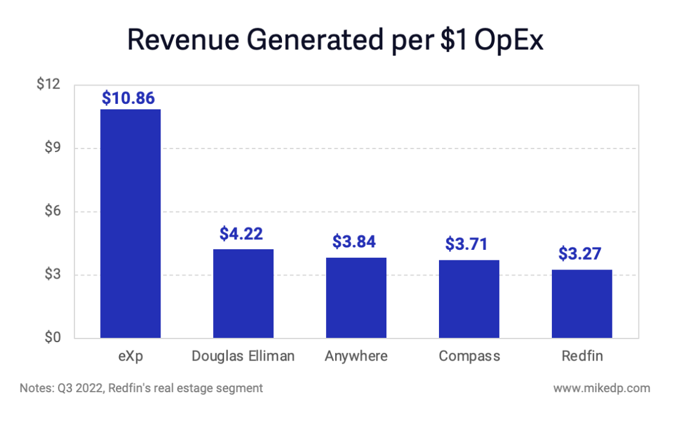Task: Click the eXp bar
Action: click(130, 224)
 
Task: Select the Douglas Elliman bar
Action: click(243, 293)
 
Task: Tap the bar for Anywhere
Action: click(356, 298)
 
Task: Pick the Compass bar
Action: click(469, 299)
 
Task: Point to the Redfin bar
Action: click(582, 304)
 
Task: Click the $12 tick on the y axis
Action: click(48, 84)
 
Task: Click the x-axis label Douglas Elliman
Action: click(243, 356)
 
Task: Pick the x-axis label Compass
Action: click(469, 356)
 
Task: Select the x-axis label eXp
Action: click(130, 356)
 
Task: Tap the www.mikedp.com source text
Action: click(601, 388)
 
